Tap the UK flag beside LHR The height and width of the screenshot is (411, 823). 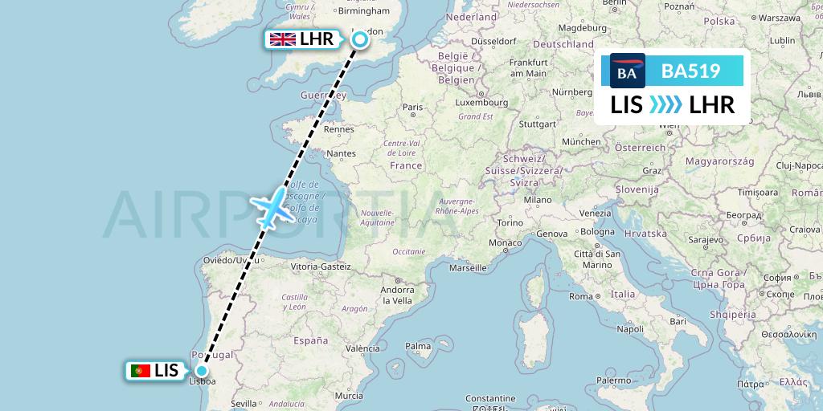[282, 39]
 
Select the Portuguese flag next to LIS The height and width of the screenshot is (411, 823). [141, 370]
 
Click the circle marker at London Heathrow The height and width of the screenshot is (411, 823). [360, 39]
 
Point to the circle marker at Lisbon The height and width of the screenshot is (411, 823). [200, 371]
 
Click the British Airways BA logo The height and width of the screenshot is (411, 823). [627, 71]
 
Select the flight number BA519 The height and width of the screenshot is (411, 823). [690, 71]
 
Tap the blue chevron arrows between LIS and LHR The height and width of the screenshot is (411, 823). [665, 104]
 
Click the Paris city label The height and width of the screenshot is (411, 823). [412, 107]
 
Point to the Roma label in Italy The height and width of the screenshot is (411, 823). [579, 296]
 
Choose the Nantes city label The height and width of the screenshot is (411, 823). [342, 153]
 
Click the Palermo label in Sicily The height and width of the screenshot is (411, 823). [619, 380]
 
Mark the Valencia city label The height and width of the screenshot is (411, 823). [362, 348]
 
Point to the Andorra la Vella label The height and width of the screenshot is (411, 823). [397, 295]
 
